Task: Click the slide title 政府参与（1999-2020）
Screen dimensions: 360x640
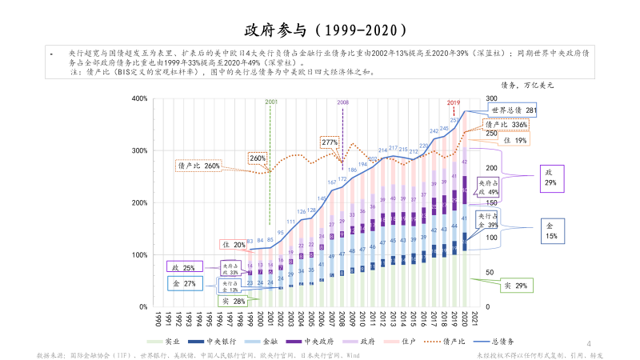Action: coord(319,30)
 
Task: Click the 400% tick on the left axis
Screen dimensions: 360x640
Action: coord(138,99)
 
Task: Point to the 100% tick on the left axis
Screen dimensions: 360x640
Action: coord(138,255)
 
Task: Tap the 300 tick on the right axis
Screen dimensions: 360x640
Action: coord(491,99)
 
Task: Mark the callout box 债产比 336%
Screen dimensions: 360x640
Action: coord(506,125)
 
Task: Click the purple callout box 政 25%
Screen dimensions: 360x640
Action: coord(184,268)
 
